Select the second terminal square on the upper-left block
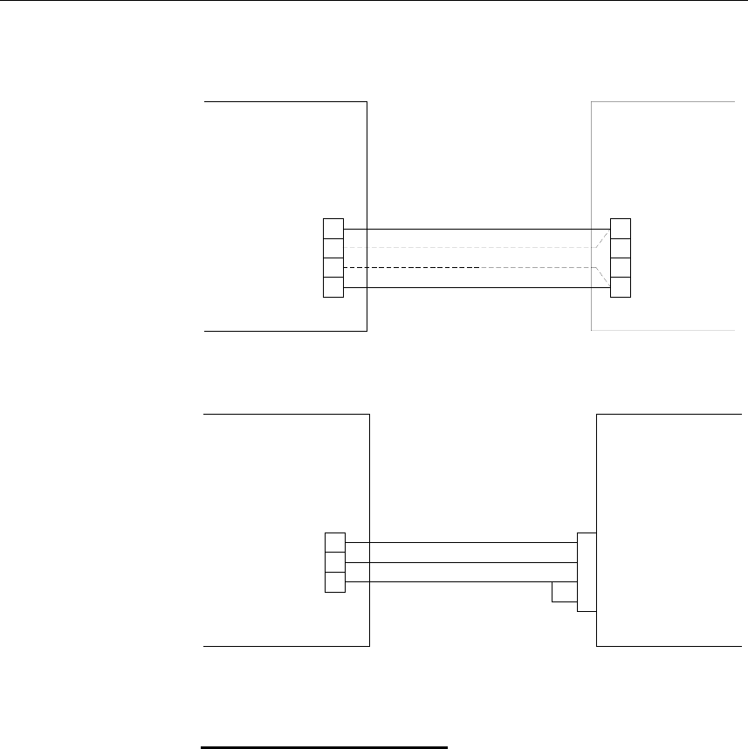(x=333, y=248)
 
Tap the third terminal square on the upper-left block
(x=333, y=268)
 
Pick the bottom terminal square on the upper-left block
(x=333, y=287)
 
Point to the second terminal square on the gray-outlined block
(x=621, y=248)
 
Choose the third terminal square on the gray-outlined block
(x=621, y=268)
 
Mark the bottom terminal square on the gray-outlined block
(x=621, y=287)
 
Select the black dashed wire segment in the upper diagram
(x=410, y=267)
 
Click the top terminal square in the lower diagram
(x=334, y=542)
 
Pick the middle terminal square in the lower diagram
(x=334, y=562)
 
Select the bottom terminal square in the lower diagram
(x=334, y=582)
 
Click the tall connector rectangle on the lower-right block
(x=587, y=572)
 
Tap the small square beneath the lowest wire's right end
(x=564, y=593)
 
